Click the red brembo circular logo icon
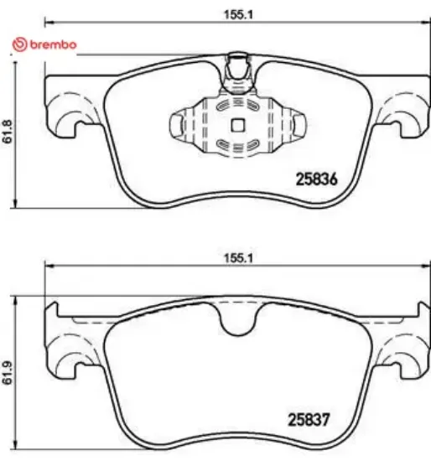coord(17,44)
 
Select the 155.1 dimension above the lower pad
coord(236,258)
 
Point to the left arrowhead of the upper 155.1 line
coord(47,21)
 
